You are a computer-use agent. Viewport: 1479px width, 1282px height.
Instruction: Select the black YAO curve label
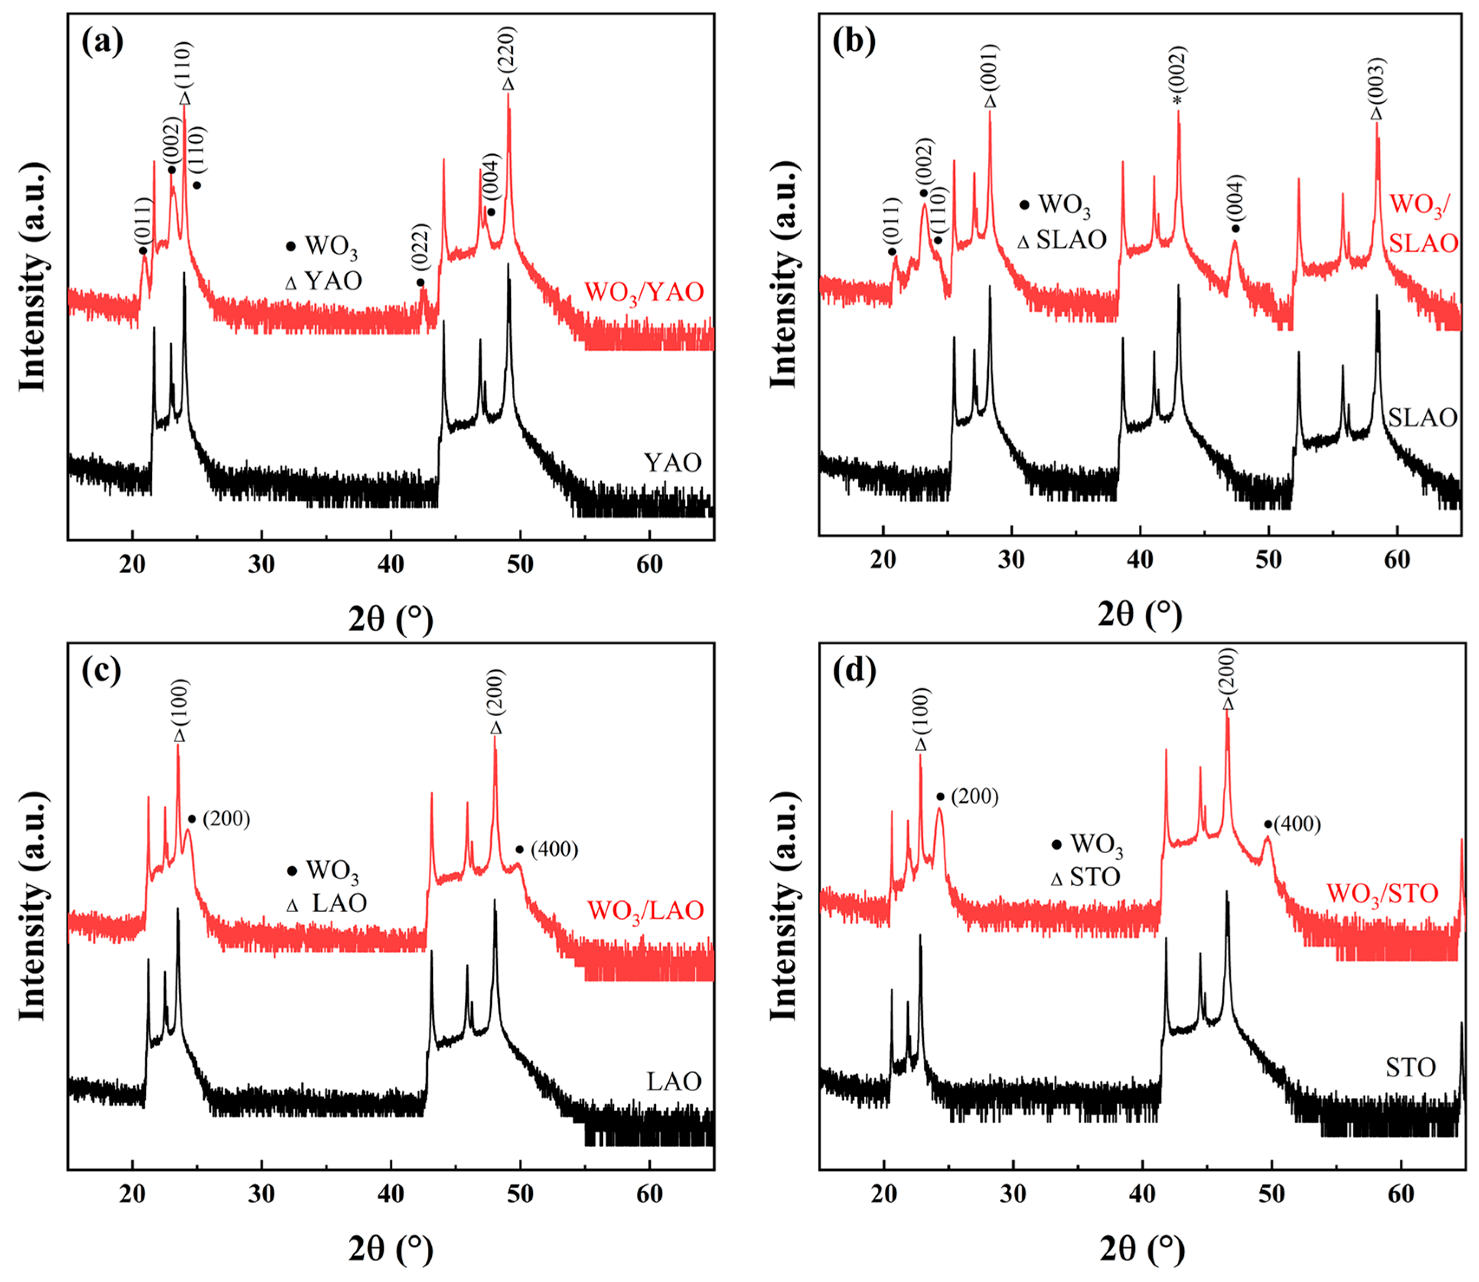pos(672,463)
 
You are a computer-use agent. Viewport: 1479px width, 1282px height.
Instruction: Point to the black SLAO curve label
pos(1422,417)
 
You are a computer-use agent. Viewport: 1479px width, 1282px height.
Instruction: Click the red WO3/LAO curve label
pos(645,911)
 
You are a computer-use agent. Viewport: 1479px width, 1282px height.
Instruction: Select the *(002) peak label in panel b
pos(1178,75)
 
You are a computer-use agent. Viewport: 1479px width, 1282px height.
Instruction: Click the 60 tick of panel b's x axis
pos(1397,559)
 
